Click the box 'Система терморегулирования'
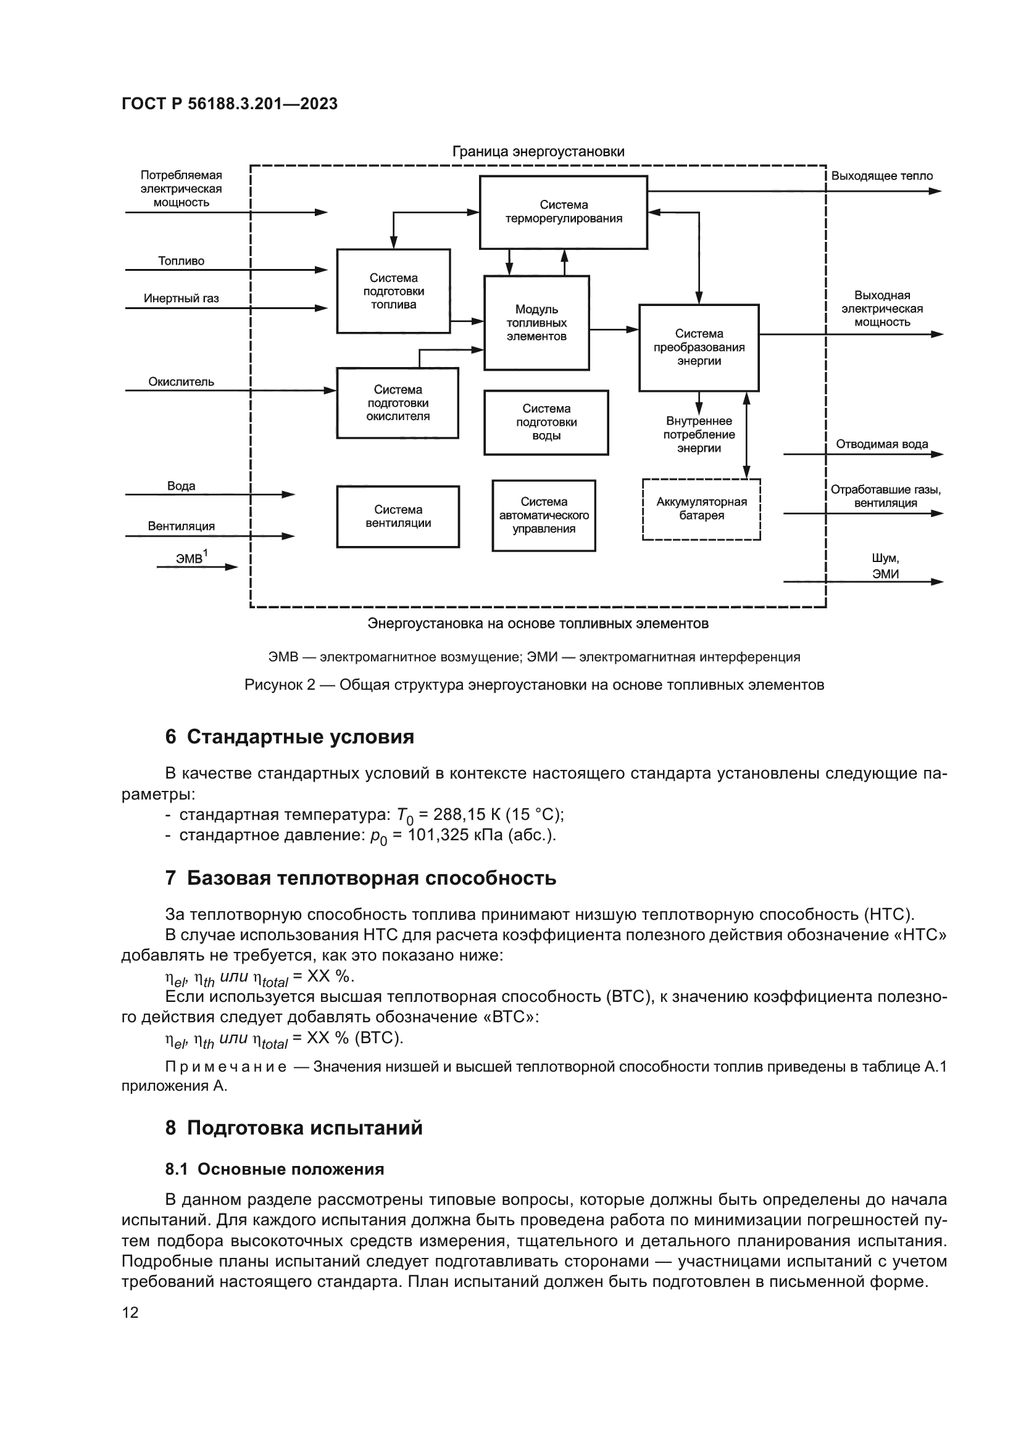coord(564,212)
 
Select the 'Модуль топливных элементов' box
coord(536,323)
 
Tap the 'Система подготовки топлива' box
coord(394,291)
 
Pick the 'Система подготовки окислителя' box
coord(398,403)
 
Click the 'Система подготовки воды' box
coord(546,423)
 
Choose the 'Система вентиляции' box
coord(398,516)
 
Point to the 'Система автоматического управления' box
coord(544,515)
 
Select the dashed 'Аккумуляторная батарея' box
coord(702,509)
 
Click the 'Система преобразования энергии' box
coord(699,347)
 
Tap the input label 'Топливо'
coord(181,261)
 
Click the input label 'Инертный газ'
coord(181,299)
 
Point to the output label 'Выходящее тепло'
coord(881,176)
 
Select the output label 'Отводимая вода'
coord(881,444)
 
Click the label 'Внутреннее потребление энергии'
coord(699,435)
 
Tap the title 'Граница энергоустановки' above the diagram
coord(538,152)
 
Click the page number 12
coord(130,1312)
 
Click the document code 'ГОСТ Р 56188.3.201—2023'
coord(230,104)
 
